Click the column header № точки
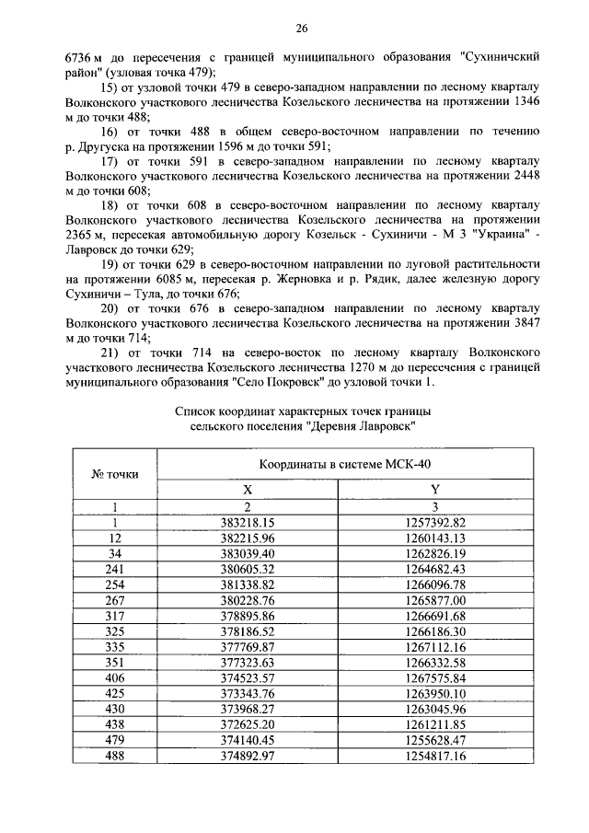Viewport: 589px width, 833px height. coord(115,474)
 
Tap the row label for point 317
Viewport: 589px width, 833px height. coord(115,616)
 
